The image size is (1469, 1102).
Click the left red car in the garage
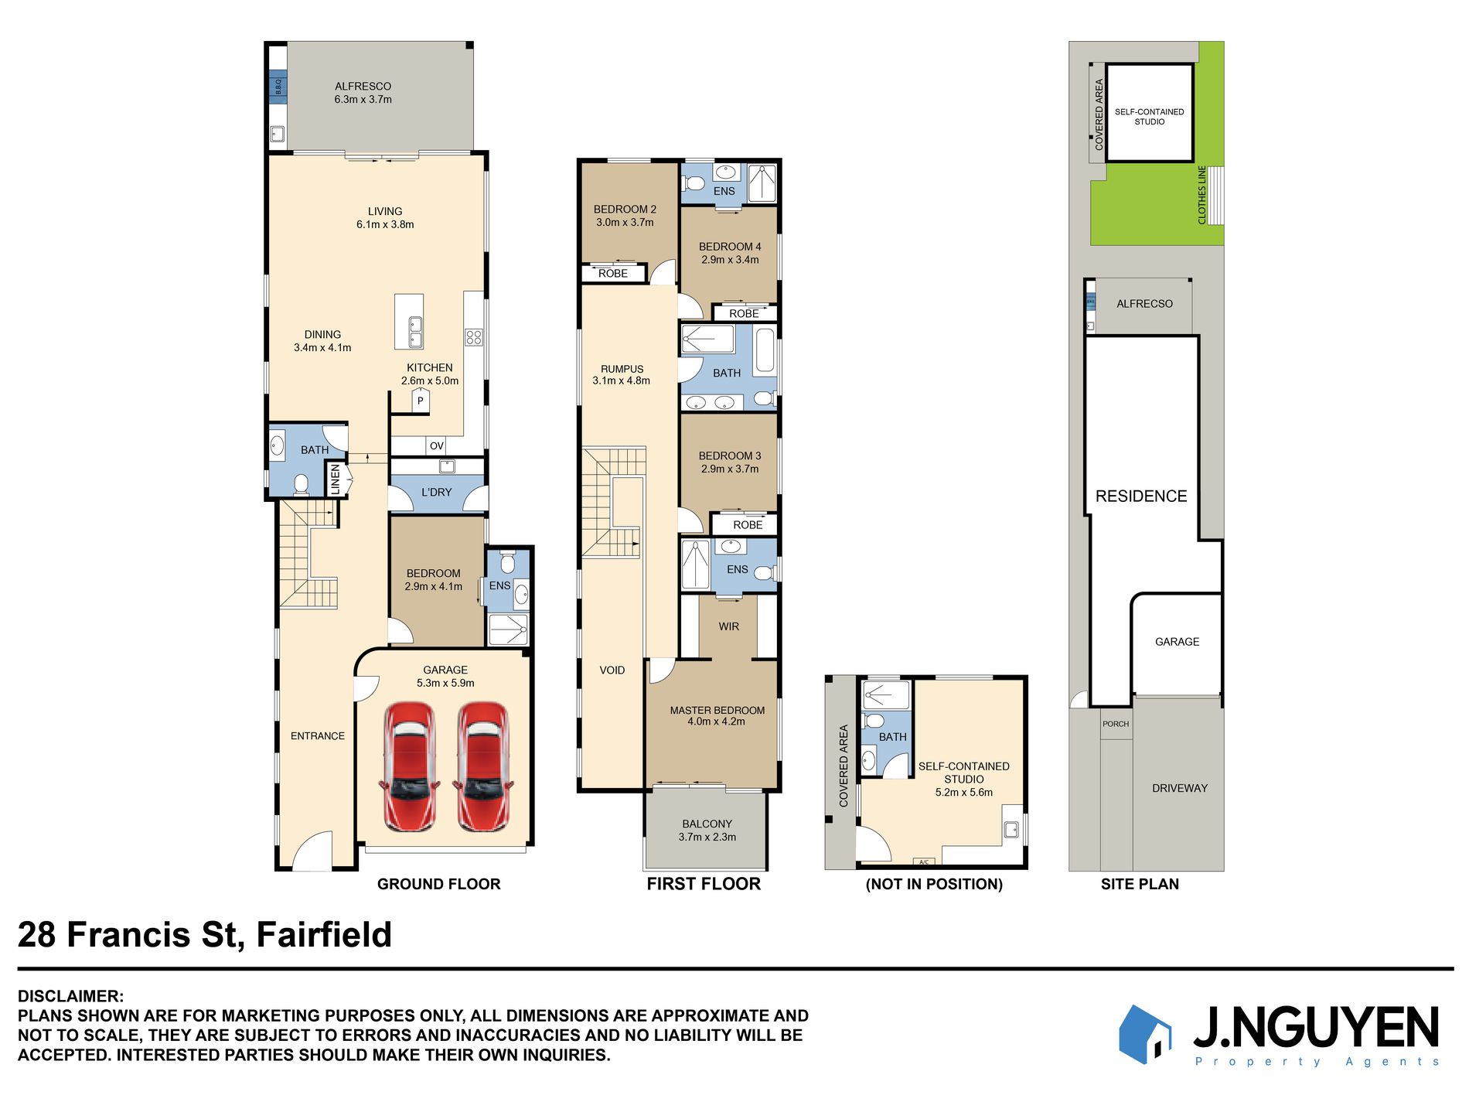(410, 766)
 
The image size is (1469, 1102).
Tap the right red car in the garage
(483, 766)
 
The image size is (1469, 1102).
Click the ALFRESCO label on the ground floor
(363, 87)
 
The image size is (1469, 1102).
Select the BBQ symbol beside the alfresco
(278, 86)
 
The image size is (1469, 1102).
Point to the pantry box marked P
(420, 401)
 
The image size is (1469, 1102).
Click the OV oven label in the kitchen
(437, 446)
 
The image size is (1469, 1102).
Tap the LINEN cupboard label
(335, 479)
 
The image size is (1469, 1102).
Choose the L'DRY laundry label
(437, 493)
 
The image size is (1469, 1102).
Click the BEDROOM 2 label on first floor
(625, 210)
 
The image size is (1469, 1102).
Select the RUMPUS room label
(622, 369)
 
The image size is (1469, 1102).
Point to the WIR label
(728, 626)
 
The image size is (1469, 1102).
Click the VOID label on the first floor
(612, 670)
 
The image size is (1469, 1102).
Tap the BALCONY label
(707, 824)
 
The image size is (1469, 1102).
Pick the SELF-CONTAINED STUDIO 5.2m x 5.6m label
(963, 779)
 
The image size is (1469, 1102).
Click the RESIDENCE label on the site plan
(1141, 496)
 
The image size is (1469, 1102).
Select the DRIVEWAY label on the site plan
(1179, 789)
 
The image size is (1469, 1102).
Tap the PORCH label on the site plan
(1116, 724)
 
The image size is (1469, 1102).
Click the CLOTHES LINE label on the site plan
(1201, 195)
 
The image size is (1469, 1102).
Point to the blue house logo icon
(1145, 1035)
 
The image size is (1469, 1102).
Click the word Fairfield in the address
(324, 935)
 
